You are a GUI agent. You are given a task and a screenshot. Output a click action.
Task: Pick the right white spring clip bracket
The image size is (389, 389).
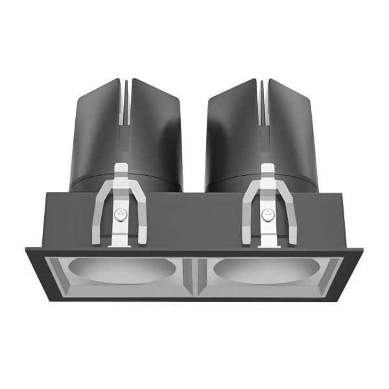[266, 207]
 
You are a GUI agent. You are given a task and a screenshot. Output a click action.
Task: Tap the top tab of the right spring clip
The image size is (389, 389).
[266, 171]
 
